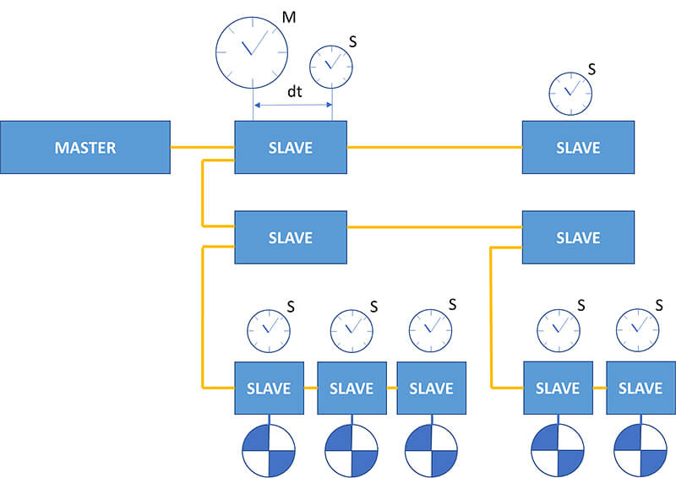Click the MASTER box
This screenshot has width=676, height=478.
point(84,148)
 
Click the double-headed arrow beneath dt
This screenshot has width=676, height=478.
point(292,106)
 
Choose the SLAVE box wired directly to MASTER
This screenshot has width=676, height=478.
point(291,148)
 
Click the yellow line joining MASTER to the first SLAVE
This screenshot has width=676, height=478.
point(203,148)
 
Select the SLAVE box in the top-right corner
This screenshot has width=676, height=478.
point(578,148)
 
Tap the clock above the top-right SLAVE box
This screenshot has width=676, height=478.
point(570,91)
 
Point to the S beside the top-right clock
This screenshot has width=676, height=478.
point(591,69)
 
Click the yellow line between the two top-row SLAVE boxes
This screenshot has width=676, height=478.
point(434,148)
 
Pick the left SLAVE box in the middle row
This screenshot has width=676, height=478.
point(291,237)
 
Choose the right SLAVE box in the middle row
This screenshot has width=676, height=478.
point(578,237)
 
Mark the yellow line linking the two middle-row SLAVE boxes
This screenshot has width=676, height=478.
point(434,227)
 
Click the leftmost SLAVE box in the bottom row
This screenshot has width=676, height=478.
point(269,388)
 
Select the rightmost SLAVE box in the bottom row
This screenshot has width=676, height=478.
point(641,388)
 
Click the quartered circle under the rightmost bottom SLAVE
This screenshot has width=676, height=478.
point(641,449)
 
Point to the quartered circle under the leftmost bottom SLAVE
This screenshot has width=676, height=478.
point(269,449)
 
